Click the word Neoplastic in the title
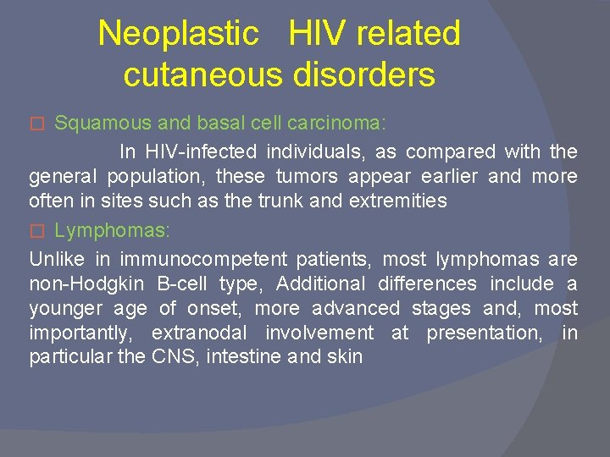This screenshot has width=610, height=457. coord(178,34)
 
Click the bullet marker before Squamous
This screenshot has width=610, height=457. coord(36,124)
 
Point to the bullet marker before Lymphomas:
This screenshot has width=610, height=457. coord(36,231)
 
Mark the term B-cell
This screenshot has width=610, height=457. coord(181,284)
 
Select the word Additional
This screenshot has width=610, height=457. coord(322,284)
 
